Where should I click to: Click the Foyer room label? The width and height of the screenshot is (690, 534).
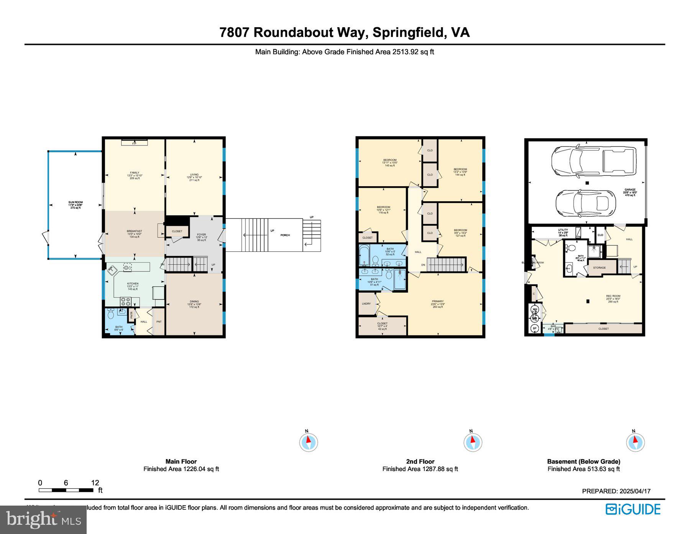click(201, 235)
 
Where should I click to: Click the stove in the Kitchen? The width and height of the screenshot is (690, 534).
click(125, 302)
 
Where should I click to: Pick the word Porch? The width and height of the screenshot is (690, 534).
click(285, 235)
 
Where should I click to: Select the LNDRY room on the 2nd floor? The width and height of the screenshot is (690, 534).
click(366, 304)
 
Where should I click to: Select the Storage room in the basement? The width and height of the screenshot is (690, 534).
click(599, 268)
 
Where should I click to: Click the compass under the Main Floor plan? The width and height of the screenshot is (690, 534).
click(308, 442)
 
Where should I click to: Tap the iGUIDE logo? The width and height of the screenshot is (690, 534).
click(633, 509)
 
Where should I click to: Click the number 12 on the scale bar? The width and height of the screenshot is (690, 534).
click(95, 483)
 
